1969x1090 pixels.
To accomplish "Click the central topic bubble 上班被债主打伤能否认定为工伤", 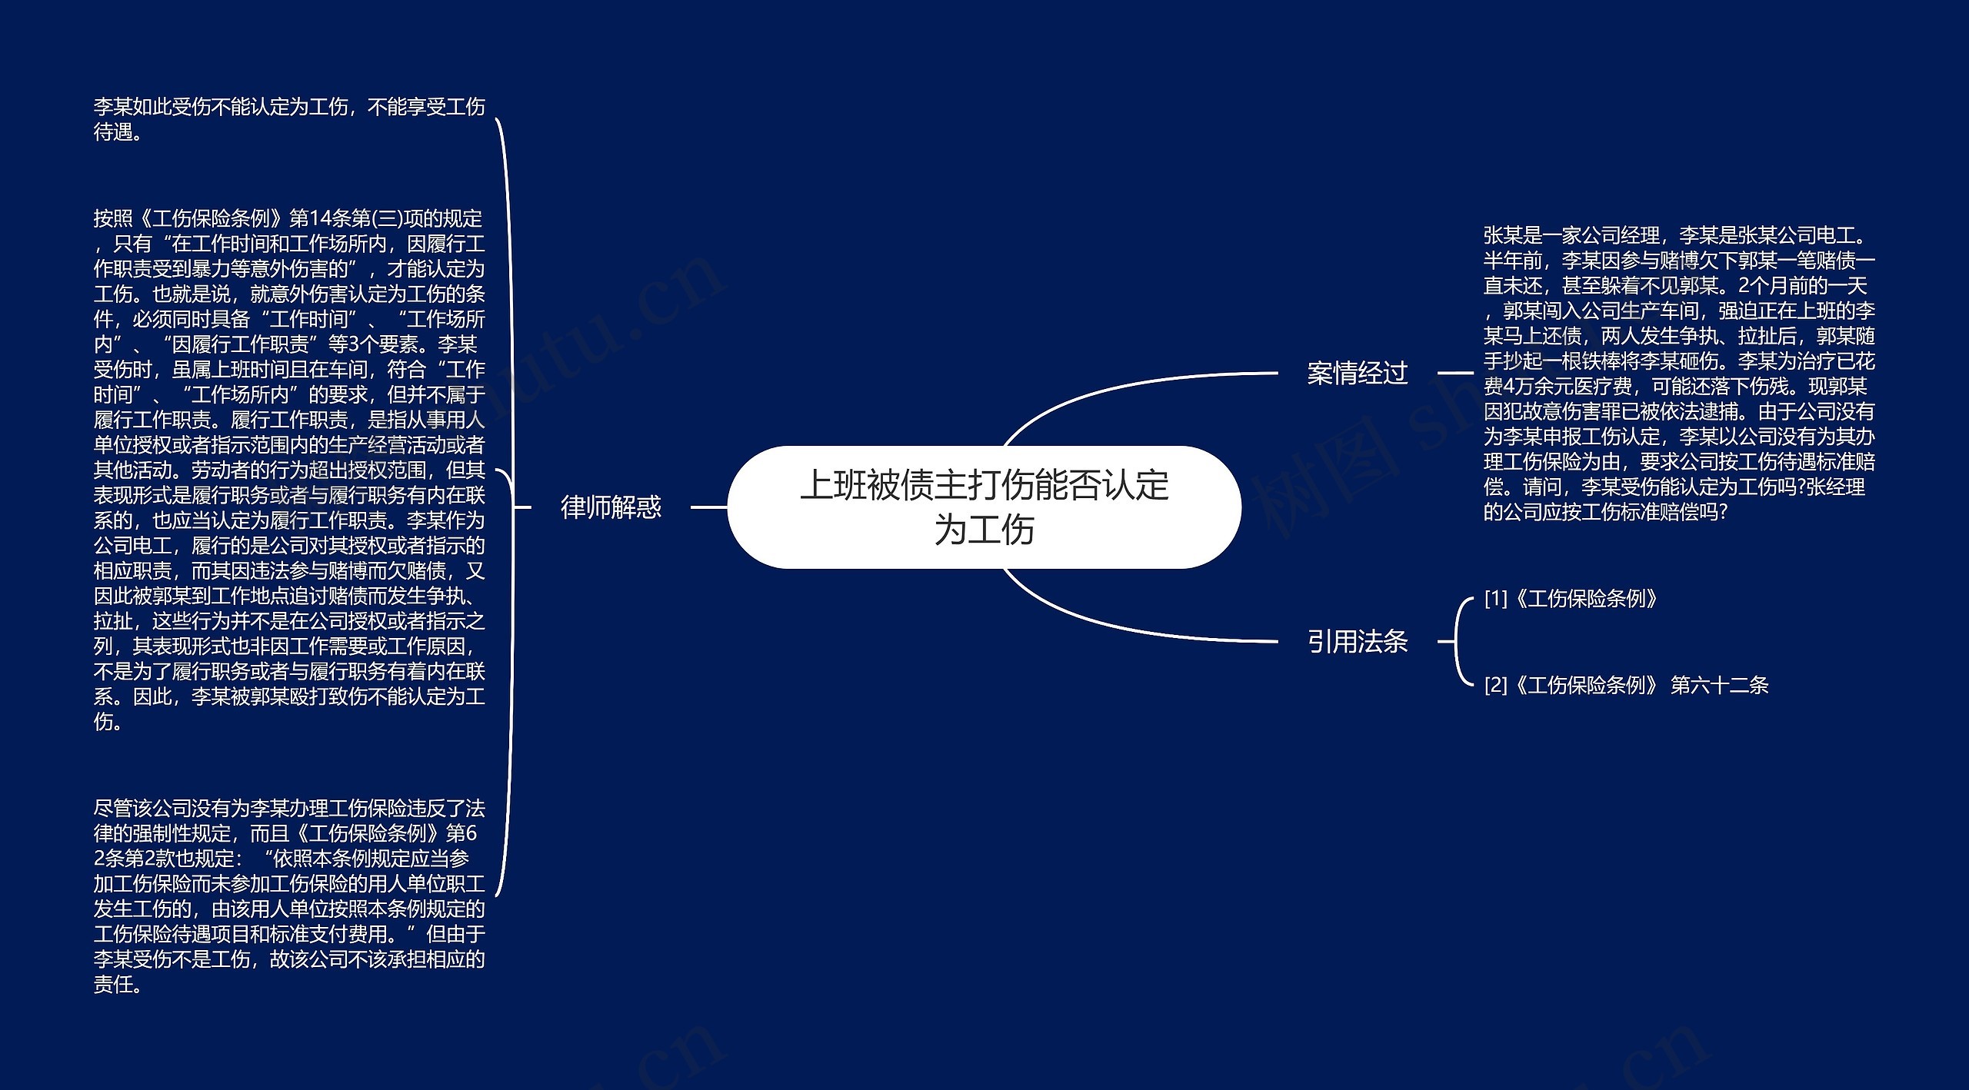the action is tap(984, 507).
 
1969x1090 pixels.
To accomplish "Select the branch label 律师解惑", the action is tap(611, 507).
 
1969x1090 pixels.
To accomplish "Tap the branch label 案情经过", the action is tap(1358, 373).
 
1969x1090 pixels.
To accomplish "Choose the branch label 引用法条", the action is tap(1358, 641).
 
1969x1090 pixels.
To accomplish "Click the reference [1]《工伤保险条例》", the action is tap(1570, 598).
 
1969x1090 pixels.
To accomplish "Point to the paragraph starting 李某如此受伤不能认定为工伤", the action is tap(289, 119).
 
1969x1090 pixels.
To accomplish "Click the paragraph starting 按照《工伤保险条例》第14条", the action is tap(289, 470).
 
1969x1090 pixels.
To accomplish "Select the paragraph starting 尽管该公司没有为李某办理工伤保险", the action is tap(289, 896).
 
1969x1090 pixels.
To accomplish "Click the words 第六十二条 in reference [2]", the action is tap(1720, 685).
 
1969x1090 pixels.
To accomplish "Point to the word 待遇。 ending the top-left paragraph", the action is tap(118, 132).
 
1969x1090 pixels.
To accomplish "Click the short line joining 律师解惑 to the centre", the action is tap(708, 507).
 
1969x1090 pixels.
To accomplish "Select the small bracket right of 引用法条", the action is tap(1458, 641).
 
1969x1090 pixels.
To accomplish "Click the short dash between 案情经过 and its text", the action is tap(1454, 373).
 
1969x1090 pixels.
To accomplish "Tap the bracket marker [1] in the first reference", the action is tap(1496, 598).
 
